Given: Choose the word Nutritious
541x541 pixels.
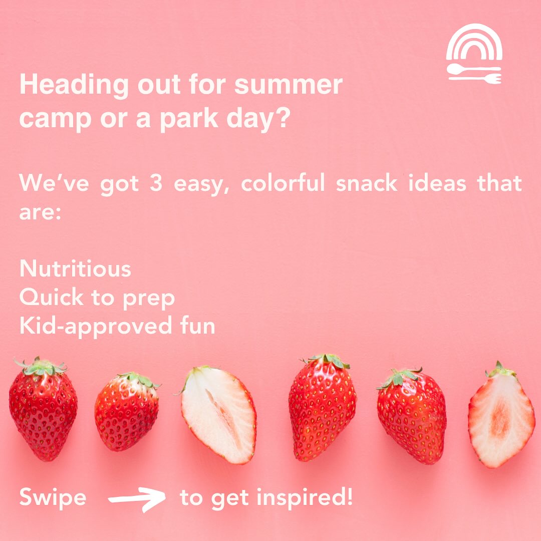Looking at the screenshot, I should point(75,269).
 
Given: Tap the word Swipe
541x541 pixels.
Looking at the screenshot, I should point(53,498).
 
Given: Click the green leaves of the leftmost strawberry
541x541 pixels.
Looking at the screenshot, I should point(40,367).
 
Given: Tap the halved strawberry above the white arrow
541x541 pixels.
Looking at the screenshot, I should point(218,415).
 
